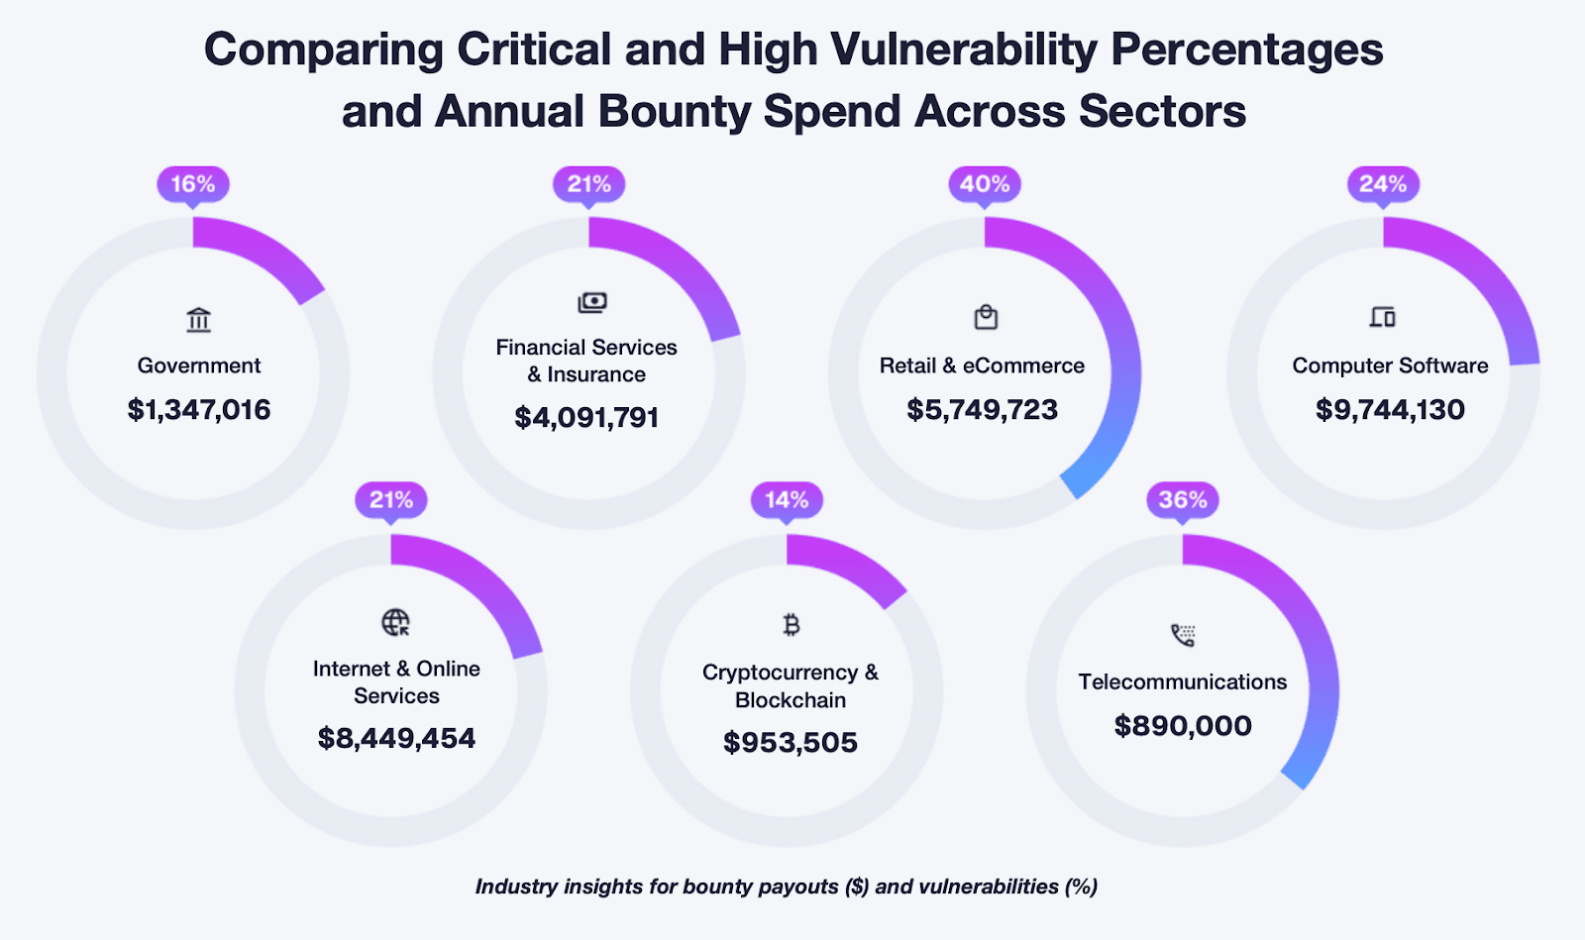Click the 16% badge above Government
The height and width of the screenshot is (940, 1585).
click(x=193, y=184)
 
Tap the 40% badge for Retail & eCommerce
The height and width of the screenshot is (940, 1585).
click(x=985, y=184)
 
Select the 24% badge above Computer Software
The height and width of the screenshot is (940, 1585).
click(x=1383, y=184)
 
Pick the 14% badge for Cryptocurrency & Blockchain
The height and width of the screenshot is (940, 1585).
click(x=787, y=500)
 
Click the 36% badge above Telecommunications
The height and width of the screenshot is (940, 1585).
click(x=1183, y=500)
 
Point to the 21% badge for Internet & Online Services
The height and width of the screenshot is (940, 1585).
click(x=391, y=500)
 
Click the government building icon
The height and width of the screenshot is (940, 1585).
click(x=198, y=320)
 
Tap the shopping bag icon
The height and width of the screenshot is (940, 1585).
click(x=986, y=317)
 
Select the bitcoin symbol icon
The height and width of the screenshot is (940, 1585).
click(x=791, y=625)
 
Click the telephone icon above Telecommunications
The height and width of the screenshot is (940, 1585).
click(x=1183, y=635)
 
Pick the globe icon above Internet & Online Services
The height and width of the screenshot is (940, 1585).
click(x=395, y=622)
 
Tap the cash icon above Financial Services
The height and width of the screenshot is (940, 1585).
click(x=591, y=302)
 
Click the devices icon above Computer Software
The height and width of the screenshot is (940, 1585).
click(x=1383, y=317)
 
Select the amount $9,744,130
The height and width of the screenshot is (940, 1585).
click(x=1390, y=410)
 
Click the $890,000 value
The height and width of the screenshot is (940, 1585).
click(x=1183, y=726)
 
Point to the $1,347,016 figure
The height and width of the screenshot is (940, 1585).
click(x=198, y=410)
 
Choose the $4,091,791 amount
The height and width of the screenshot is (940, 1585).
click(x=586, y=418)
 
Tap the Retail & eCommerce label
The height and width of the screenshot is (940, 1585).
click(x=982, y=366)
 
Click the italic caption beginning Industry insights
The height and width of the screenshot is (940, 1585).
click(x=786, y=887)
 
